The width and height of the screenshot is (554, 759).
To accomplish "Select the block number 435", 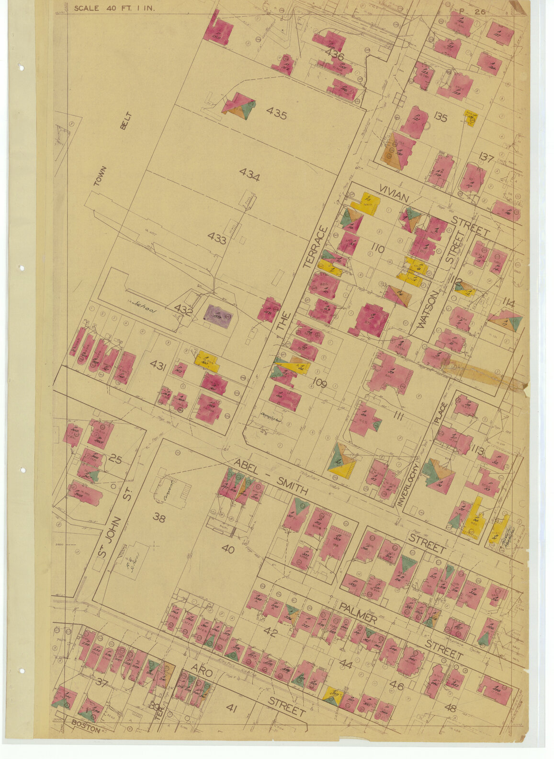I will pos(276,114).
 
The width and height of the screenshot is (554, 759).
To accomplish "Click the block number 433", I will pos(216,238).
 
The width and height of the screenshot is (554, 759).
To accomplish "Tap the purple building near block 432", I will pos(218,316).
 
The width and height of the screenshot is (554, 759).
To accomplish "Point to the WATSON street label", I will pos(428,310).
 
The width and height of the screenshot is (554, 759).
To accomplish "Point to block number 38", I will pos(159,517).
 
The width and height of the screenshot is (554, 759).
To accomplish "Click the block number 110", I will pos(378,249).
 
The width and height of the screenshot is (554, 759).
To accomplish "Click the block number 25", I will pos(115,460).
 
